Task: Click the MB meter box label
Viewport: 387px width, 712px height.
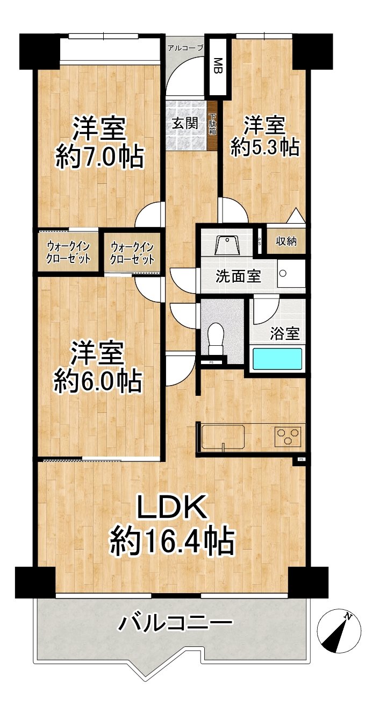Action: (x=218, y=66)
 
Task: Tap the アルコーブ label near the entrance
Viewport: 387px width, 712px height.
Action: (x=185, y=48)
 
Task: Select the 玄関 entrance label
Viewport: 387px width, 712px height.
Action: (x=185, y=123)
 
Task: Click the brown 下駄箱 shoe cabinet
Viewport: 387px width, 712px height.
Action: (x=212, y=124)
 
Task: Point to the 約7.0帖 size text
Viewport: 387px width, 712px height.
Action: (x=99, y=158)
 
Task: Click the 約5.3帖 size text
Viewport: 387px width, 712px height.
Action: (x=265, y=146)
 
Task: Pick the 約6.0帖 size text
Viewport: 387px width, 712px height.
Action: (x=98, y=381)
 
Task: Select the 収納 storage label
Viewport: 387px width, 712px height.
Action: (x=286, y=241)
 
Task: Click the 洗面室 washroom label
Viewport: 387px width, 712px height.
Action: (x=239, y=276)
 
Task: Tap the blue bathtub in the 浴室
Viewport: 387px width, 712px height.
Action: (x=277, y=359)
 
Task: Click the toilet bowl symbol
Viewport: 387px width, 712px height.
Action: (x=216, y=339)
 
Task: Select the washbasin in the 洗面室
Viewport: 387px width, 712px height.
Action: (x=226, y=246)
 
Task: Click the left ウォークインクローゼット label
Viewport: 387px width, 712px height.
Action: (x=68, y=252)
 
